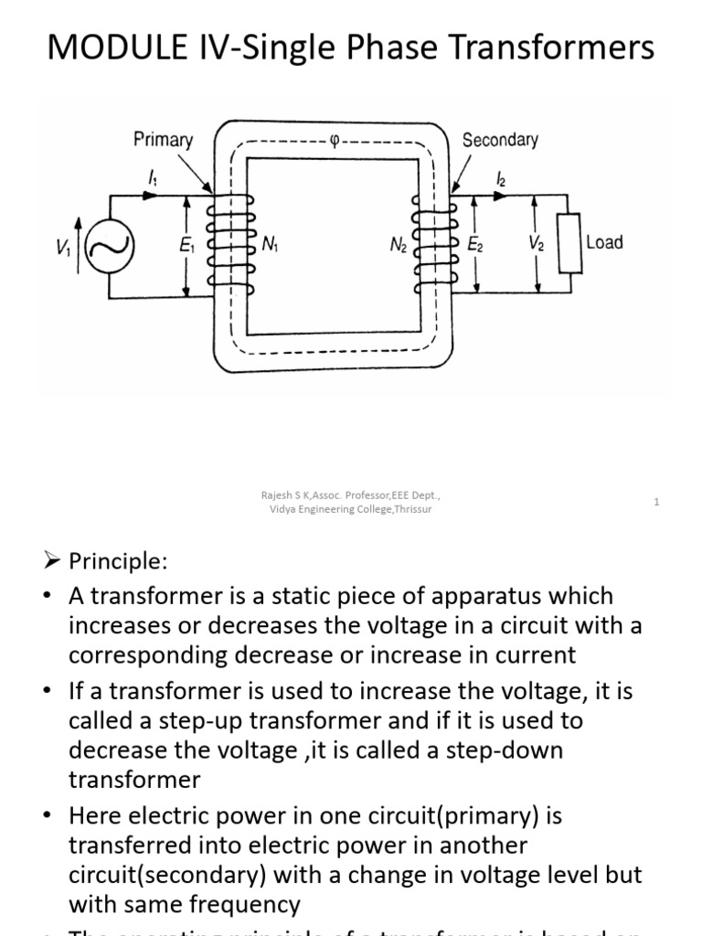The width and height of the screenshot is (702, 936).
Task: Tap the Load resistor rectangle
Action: pos(571,244)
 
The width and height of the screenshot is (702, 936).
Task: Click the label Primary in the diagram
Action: pos(163,140)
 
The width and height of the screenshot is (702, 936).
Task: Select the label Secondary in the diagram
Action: pos(500,140)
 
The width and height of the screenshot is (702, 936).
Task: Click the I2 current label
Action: pos(499,180)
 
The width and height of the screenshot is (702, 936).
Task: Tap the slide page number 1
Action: pos(656,502)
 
